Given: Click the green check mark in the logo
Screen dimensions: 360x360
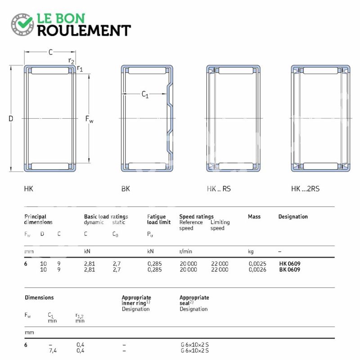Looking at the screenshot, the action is pos(25,22).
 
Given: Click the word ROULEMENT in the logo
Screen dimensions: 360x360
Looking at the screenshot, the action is pos(84,31).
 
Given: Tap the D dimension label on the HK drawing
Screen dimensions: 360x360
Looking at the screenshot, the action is pos(11,118).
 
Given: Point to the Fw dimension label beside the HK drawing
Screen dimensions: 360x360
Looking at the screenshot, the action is pos(89,119).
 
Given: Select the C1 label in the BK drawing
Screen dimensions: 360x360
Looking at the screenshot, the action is pos(145,94).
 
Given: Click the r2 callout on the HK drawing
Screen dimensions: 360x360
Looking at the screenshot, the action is pos(71,61).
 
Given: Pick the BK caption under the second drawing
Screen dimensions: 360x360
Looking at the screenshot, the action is pos(126,189).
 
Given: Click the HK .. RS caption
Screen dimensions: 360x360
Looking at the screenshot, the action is pos(219,189).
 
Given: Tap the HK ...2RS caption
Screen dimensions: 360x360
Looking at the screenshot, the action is pos(306,189).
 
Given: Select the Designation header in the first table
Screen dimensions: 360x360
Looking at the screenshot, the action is pos(293,216).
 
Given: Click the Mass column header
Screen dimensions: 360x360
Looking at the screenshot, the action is pos(254,216).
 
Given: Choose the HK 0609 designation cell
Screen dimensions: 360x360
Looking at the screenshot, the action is pos(290,264).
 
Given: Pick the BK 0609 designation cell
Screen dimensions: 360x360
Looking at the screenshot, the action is pos(290,270).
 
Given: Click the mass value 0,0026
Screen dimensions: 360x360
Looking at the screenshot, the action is pos(257,270).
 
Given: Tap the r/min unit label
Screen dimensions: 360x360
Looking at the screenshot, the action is pos(186,252).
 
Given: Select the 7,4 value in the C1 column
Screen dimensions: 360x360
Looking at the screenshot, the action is pos(53,351).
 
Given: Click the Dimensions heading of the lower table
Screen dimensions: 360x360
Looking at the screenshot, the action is pos(39,297).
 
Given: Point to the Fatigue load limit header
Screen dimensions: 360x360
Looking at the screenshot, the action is pos(159,219).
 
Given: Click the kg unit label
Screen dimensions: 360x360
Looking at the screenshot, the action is pos(251,252).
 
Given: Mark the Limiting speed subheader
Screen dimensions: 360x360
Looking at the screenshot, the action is pos(220,225).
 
